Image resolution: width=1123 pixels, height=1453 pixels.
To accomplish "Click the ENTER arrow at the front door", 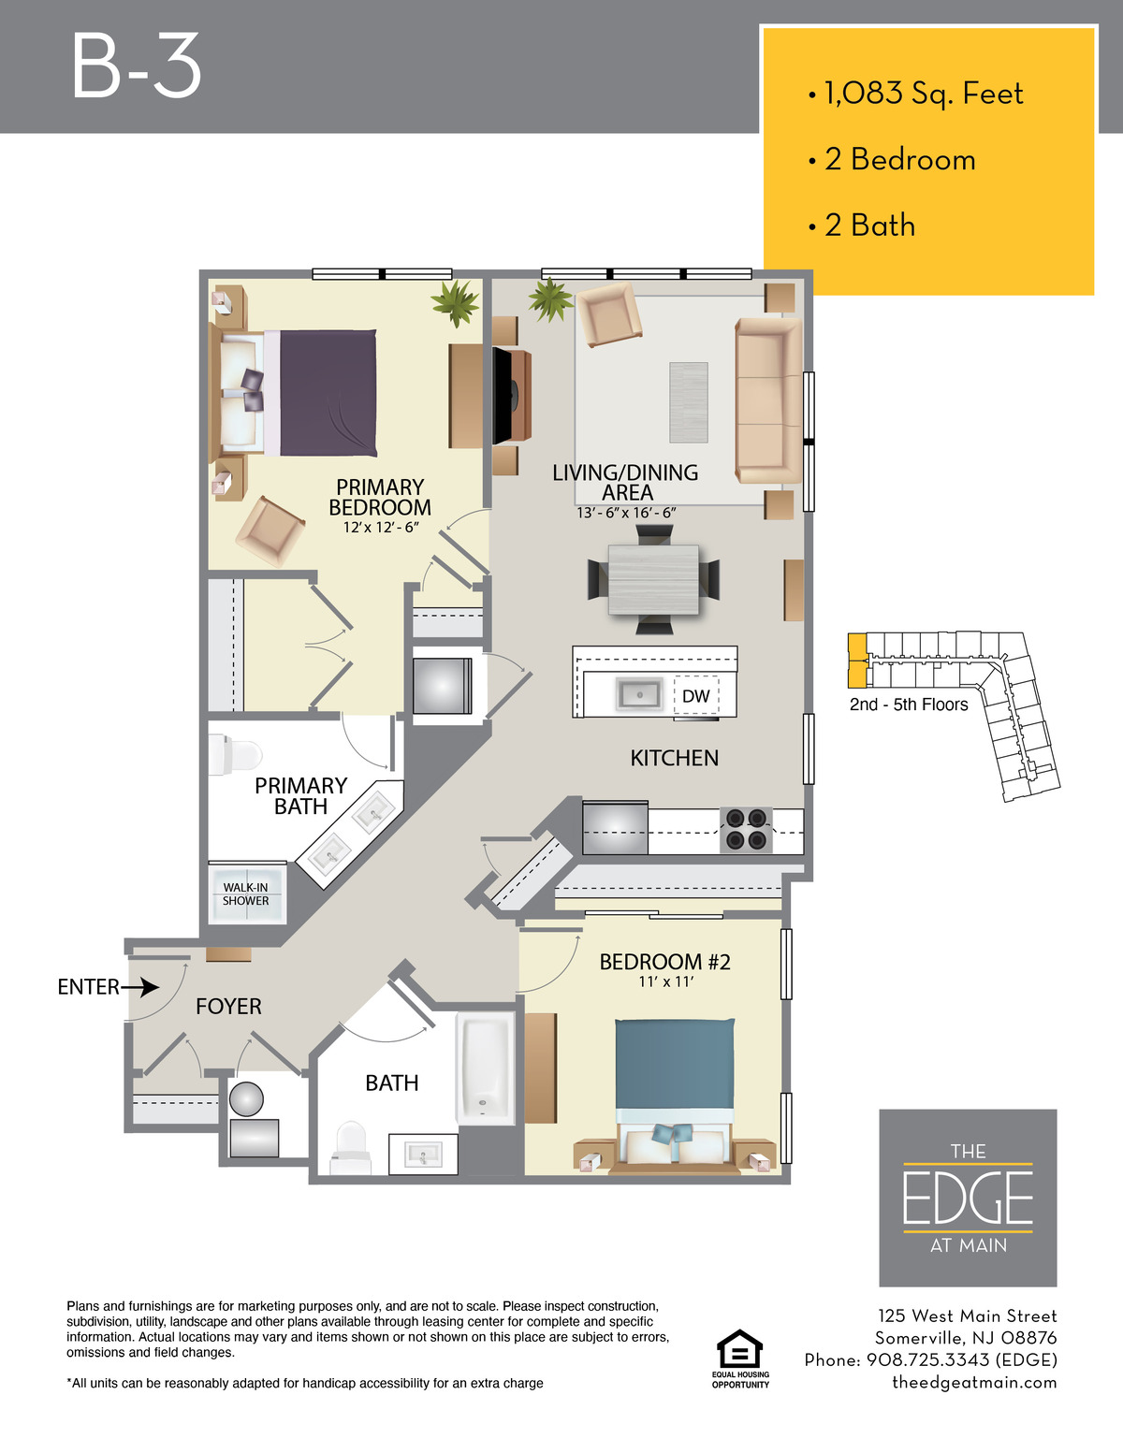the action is click(x=139, y=987).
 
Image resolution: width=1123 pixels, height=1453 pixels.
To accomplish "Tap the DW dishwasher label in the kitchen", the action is click(x=695, y=696).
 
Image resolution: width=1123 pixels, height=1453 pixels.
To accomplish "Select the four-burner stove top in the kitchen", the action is click(x=746, y=830).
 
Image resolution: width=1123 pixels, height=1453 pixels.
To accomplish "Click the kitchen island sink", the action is click(x=639, y=695).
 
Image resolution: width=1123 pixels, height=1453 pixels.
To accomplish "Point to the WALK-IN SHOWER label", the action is click(x=245, y=894).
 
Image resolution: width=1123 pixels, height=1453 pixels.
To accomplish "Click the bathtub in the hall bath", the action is click(x=486, y=1068).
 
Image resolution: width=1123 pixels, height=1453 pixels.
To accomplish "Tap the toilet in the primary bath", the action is click(x=235, y=755).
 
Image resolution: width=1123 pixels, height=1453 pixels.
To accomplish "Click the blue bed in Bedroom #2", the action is click(x=674, y=1096).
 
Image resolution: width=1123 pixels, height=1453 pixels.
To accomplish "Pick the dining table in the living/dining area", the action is click(x=653, y=579).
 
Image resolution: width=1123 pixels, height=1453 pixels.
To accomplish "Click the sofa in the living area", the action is click(x=767, y=400).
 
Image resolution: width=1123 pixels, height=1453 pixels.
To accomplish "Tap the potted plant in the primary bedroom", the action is click(x=456, y=303).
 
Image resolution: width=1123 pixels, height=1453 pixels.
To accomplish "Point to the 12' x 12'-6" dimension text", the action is click(x=381, y=528).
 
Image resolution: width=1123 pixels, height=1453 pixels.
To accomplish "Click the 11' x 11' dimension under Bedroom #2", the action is click(x=665, y=981).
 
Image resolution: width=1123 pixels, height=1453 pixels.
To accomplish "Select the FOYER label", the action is click(x=228, y=1007).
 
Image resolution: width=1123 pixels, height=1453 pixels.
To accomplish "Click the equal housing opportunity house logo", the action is click(x=739, y=1349).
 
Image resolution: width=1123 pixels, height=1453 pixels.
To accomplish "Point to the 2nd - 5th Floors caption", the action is click(x=909, y=705).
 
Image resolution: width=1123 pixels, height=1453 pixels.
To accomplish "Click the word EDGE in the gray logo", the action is click(x=968, y=1197).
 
